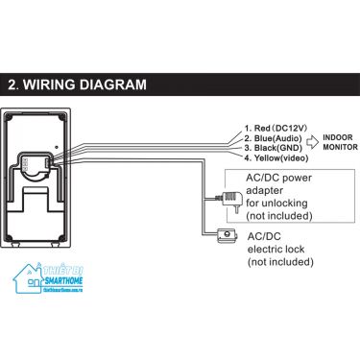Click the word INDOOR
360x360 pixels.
(x=339, y=138)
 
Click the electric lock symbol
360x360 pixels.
(x=227, y=233)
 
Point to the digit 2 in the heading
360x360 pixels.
(x=13, y=84)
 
